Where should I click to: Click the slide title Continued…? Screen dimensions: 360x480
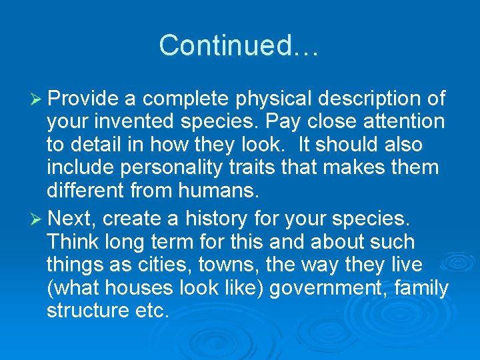[x=239, y=45]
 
